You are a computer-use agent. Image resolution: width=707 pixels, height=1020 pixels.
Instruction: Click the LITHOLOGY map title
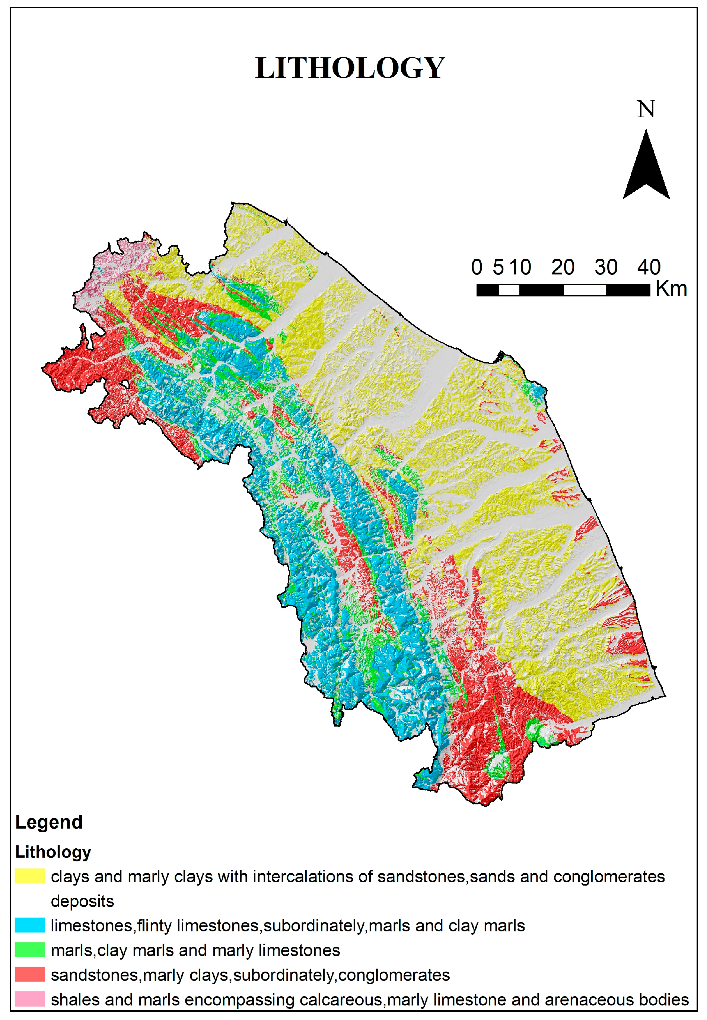[350, 68]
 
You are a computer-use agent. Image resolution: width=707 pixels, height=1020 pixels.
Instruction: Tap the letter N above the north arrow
[646, 109]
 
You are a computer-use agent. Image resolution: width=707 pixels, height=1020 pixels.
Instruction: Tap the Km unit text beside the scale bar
[671, 289]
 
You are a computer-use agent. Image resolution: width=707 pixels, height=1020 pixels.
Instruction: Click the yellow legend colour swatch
[30, 876]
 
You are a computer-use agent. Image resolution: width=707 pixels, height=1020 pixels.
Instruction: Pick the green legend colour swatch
[30, 950]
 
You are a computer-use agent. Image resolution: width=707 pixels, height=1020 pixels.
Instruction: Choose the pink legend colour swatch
[30, 999]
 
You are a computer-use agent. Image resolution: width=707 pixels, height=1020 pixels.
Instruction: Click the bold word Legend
[49, 822]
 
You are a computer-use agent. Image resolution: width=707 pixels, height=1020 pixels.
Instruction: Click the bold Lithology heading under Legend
[53, 852]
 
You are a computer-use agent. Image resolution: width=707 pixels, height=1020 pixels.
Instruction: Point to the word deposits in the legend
[82, 901]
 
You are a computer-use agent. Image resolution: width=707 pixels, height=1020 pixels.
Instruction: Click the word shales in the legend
[75, 1000]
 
